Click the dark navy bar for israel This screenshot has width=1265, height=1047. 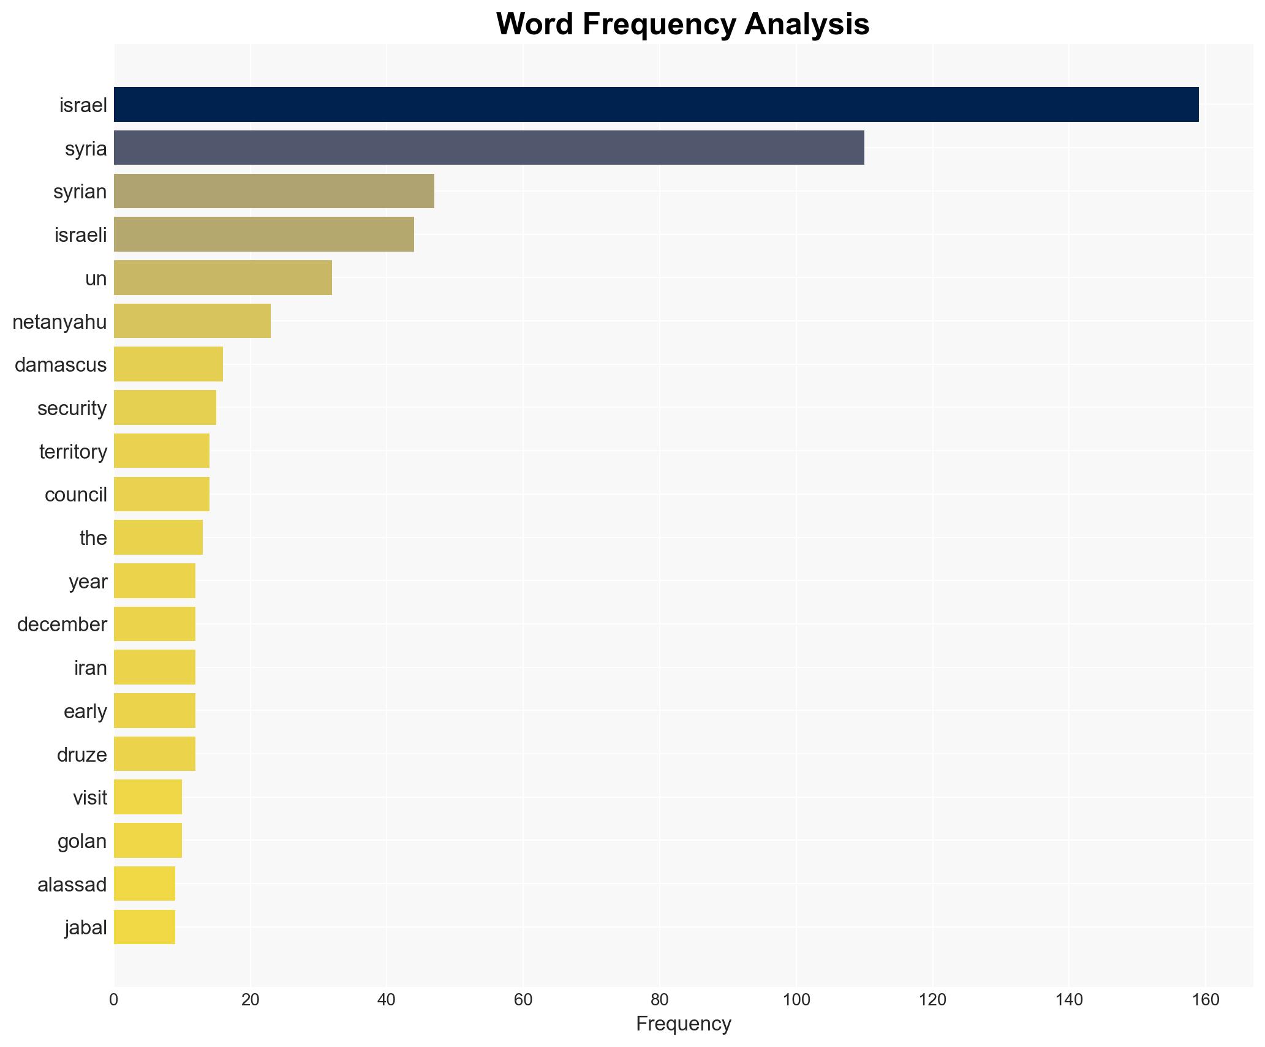click(655, 105)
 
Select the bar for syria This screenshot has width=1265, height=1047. click(489, 148)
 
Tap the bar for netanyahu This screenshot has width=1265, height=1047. click(192, 321)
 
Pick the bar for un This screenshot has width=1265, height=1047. click(223, 278)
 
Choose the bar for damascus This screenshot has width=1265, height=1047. click(168, 364)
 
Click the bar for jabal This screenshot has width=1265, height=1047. click(145, 927)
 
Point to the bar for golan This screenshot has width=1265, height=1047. click(148, 841)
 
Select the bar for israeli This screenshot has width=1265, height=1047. click(264, 235)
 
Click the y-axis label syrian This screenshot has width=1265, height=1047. click(80, 192)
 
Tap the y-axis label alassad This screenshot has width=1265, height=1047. click(72, 884)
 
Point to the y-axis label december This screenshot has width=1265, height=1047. click(62, 625)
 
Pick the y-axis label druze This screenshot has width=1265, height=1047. click(81, 754)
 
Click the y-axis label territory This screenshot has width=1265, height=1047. click(73, 451)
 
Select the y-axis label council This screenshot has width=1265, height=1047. click(76, 495)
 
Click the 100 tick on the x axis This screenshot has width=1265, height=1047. click(796, 1000)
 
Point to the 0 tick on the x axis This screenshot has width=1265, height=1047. click(114, 1000)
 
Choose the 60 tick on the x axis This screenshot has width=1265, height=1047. click(523, 1000)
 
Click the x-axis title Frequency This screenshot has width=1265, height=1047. click(683, 1024)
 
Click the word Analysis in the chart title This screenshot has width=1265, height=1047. click(807, 24)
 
